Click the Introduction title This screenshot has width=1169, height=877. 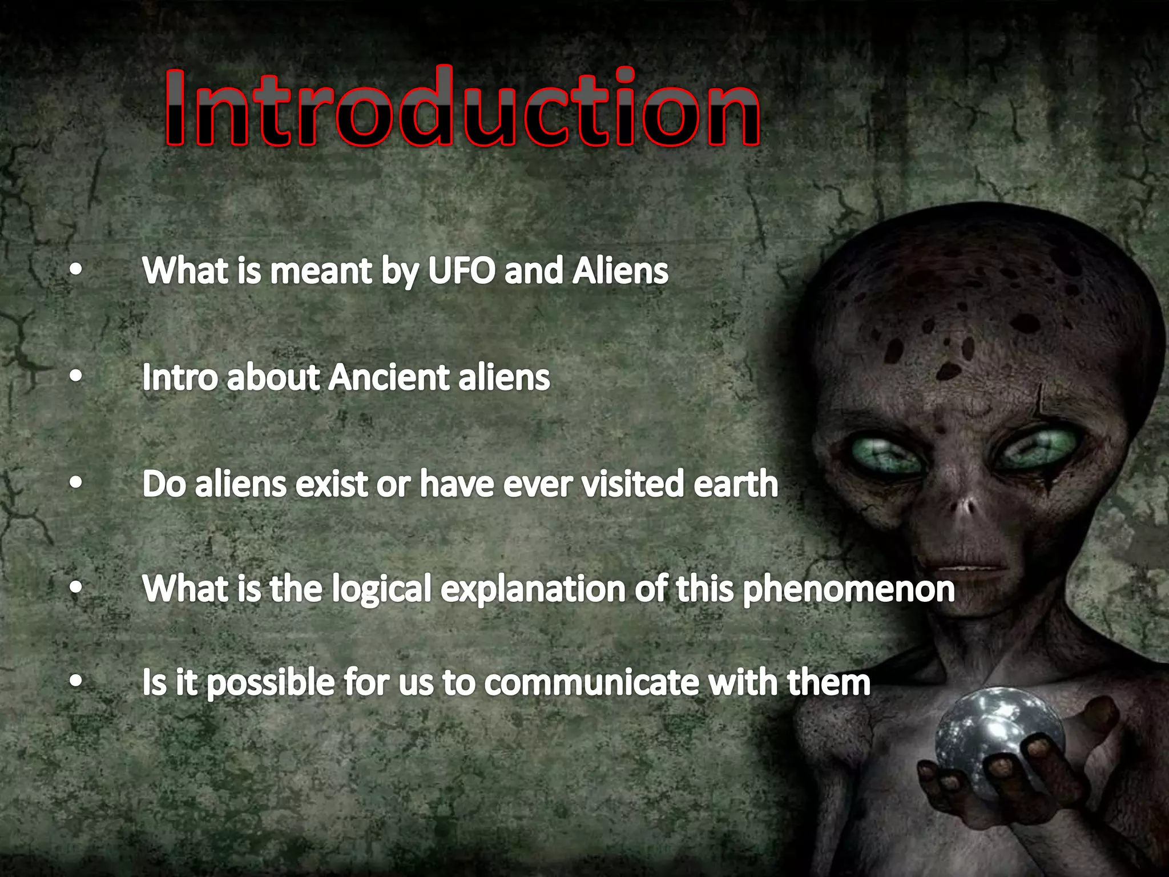coord(462,107)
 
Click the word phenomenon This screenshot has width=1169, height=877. coord(849,589)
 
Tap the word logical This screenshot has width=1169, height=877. coord(381,589)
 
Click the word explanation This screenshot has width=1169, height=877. coord(533,589)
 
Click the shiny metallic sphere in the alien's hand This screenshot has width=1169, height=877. coord(996,737)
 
